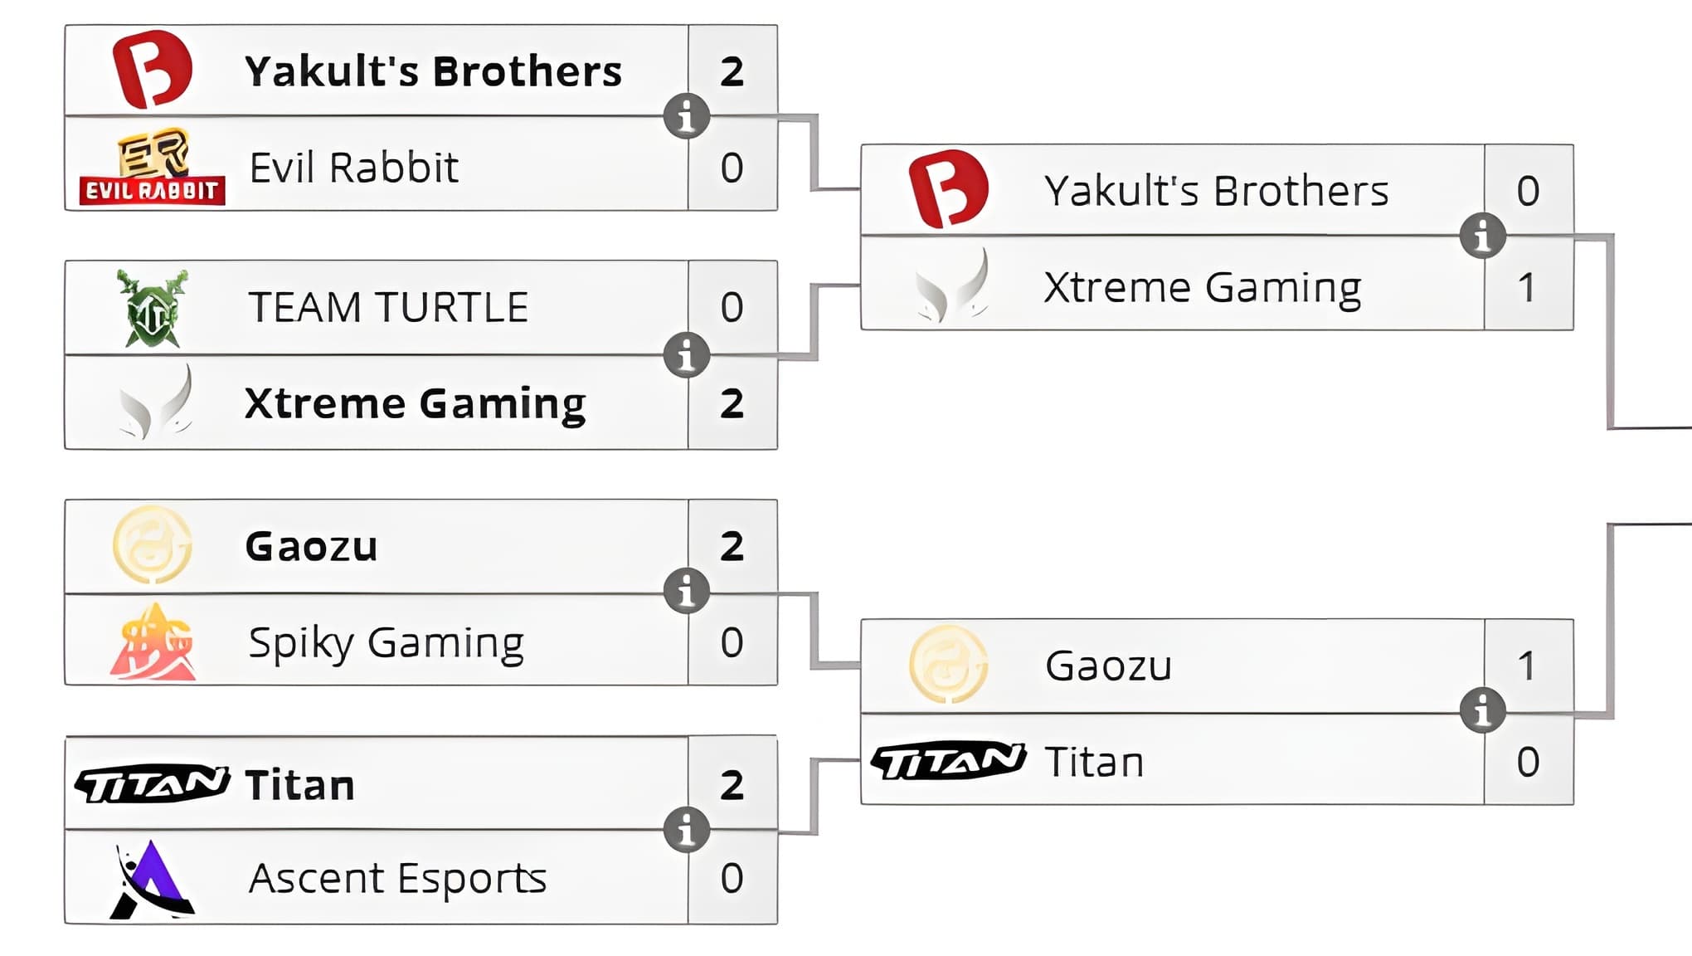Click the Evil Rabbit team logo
[x=153, y=167]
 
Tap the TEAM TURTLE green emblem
[x=153, y=308]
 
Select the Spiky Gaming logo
[x=153, y=642]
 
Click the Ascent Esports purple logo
[x=153, y=879]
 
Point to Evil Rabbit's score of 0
[x=732, y=168]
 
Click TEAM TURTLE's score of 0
[x=732, y=307]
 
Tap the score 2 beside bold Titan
[x=732, y=785]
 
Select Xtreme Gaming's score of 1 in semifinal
[x=1527, y=287]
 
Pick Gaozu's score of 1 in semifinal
[x=1527, y=666]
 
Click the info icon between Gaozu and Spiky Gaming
[x=687, y=591]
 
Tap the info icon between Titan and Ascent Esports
[x=687, y=829]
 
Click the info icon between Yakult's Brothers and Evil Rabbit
[x=687, y=116]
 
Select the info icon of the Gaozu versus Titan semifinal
[x=1483, y=710]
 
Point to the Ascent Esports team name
[x=397, y=879]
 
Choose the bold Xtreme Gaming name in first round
[x=416, y=404]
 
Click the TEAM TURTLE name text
[x=388, y=308]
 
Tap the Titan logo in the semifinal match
[x=948, y=761]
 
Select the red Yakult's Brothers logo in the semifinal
[x=948, y=189]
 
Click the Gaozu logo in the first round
[x=153, y=545]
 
